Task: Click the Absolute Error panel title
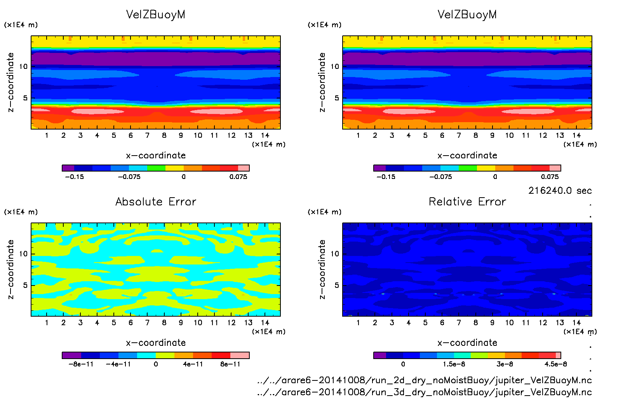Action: coord(156,202)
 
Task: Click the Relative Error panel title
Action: coord(467,202)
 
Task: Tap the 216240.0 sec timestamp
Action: coord(560,191)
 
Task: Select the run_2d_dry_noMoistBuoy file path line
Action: coord(424,380)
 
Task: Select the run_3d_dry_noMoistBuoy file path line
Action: coord(424,392)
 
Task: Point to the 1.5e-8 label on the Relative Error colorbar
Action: coord(454,364)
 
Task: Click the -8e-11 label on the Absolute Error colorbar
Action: coord(81,364)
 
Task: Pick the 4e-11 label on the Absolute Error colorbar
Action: coord(193,364)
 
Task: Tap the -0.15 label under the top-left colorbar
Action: coord(74,177)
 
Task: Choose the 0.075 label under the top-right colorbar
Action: coord(550,177)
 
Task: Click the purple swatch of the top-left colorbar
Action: coord(68,168)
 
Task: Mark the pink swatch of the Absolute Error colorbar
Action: coord(240,355)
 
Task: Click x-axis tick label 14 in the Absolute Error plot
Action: coord(265,322)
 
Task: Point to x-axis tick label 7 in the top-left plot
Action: coord(147,135)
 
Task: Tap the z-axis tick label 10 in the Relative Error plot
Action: coord(335,254)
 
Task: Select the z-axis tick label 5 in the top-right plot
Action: coord(337,98)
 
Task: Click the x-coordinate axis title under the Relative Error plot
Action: coord(467,343)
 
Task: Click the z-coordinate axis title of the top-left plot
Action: coord(10,82)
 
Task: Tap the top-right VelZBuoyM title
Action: coord(467,15)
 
